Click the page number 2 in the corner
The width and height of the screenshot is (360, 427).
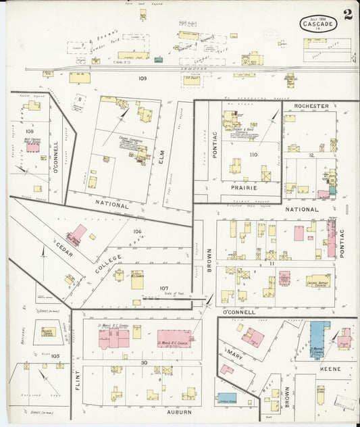coord(347,16)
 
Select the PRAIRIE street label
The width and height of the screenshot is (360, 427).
coord(243,187)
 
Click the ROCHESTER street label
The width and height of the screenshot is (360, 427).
coord(311,106)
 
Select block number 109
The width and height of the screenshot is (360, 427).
coord(143,79)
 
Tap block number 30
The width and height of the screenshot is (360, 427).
coord(143,363)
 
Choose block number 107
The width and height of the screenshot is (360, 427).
coord(163,288)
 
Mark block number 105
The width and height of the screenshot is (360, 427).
coord(55,355)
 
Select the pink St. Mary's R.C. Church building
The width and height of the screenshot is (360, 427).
coord(174,338)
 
